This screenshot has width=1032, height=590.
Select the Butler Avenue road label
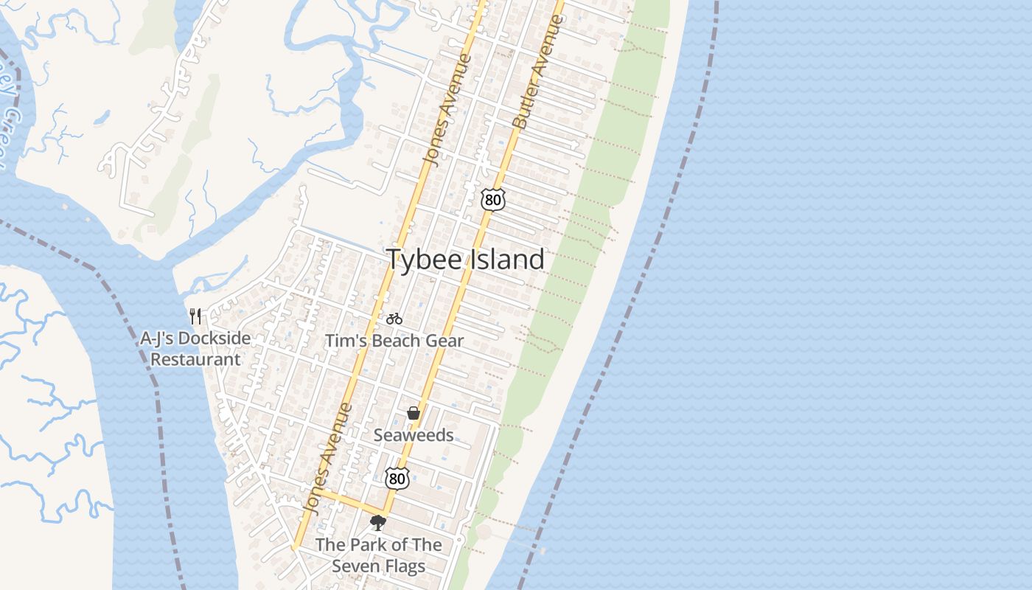[x=539, y=72]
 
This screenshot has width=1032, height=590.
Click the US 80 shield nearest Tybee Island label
[x=492, y=198]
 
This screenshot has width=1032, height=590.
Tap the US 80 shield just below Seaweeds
[x=397, y=478]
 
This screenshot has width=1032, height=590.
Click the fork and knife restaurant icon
[x=195, y=316]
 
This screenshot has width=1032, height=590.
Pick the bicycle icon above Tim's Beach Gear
[x=394, y=319]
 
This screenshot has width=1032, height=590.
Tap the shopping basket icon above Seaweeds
[x=414, y=413]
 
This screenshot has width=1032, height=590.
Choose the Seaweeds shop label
[x=414, y=435]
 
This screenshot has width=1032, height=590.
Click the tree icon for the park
[x=378, y=523]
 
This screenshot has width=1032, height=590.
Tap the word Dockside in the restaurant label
[x=217, y=339]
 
